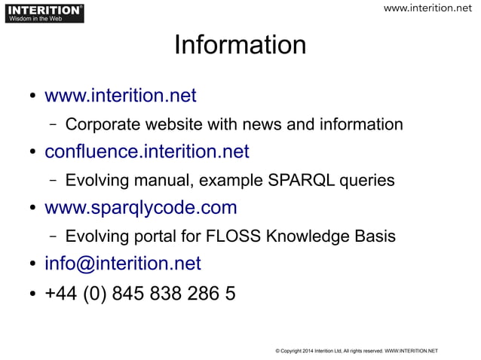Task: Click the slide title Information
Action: tap(240, 45)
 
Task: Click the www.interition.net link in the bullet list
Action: tap(121, 96)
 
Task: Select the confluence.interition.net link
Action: tap(147, 151)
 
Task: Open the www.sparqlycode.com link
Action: tap(141, 207)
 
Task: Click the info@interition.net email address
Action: tap(123, 263)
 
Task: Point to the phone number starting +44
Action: tap(140, 292)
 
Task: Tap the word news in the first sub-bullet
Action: tap(274, 124)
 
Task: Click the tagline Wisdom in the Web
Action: tap(35, 19)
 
